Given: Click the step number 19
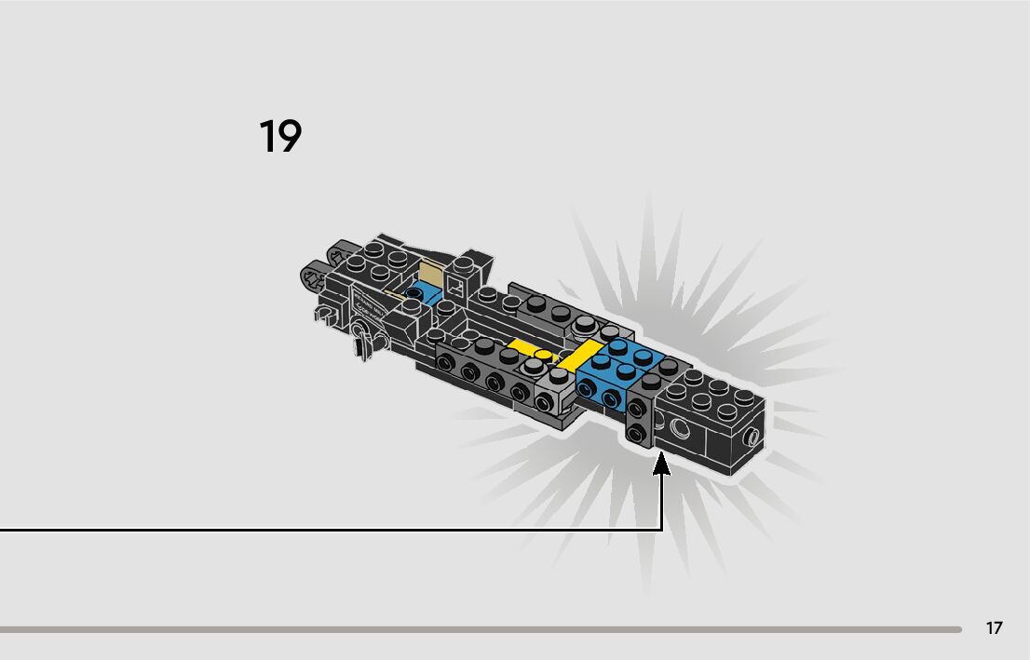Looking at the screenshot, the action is (x=279, y=136).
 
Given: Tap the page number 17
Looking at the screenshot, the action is (x=995, y=628).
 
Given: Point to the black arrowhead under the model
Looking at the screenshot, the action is (x=662, y=464).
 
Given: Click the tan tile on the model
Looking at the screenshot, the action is (x=431, y=275).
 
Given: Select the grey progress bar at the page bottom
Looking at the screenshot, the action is (x=480, y=629).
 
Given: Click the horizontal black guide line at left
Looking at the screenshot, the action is (x=326, y=531).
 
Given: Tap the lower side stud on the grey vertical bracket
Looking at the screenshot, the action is (x=637, y=434).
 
